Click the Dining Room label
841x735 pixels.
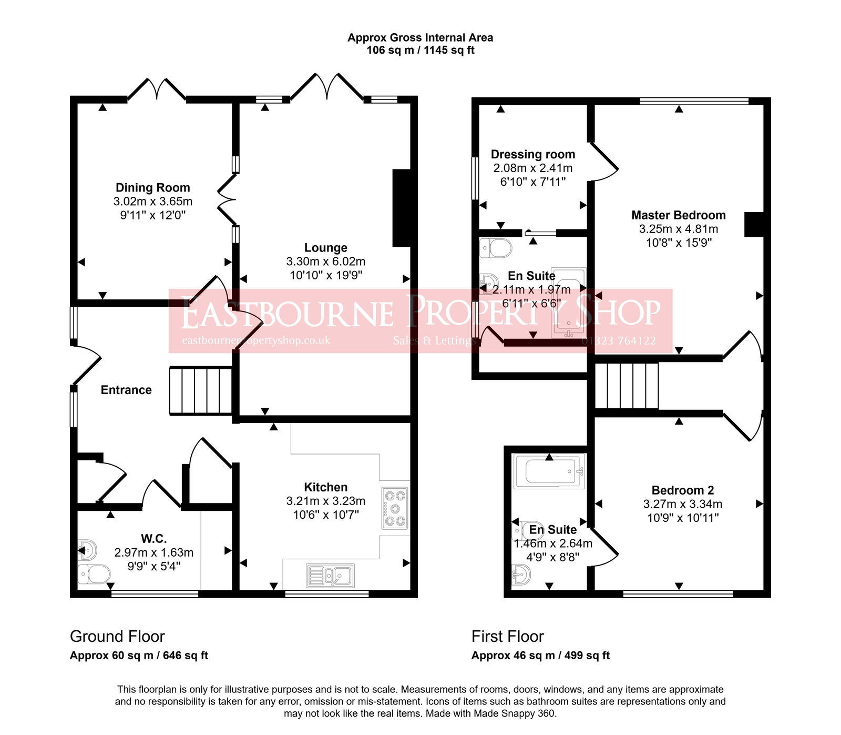tap(152, 188)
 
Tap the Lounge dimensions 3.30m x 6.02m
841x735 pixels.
tap(325, 261)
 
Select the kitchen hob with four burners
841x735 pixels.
tap(395, 508)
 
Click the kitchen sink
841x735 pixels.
tap(330, 576)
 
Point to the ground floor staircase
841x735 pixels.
tap(200, 391)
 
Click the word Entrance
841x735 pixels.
tap(126, 390)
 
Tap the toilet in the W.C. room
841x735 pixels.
tap(95, 574)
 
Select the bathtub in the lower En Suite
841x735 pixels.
tap(549, 471)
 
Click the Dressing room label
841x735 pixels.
tap(532, 155)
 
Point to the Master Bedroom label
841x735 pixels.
tap(678, 215)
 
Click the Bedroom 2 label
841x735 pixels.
tap(682, 490)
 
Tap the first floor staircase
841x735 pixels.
tap(627, 386)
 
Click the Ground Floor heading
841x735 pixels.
tap(117, 637)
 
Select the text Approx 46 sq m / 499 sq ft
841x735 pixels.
tap(540, 656)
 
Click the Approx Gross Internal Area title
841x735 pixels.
tap(420, 38)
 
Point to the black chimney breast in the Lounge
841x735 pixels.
tap(402, 208)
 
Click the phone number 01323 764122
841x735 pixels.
tap(619, 341)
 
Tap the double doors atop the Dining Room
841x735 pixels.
tap(157, 89)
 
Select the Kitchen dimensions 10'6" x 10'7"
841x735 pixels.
tap(325, 515)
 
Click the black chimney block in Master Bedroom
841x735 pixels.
tap(754, 224)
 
